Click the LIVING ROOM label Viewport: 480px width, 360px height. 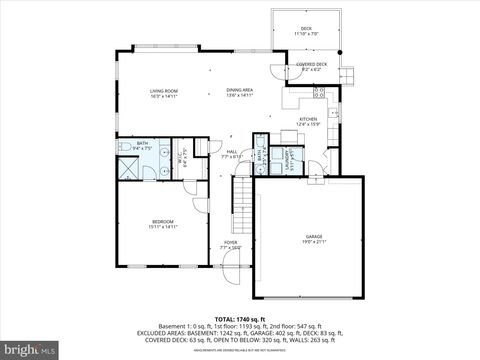pyautogui.click(x=164, y=91)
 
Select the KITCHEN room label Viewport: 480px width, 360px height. pyautogui.click(x=308, y=119)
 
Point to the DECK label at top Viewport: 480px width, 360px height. pyautogui.click(x=306, y=28)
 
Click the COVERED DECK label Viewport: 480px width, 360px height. pyautogui.click(x=311, y=65)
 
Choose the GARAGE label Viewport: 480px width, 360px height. pyautogui.click(x=314, y=236)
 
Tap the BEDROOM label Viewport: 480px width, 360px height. pyautogui.click(x=163, y=221)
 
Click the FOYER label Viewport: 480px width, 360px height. pyautogui.click(x=230, y=242)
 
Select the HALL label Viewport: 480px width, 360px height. pyautogui.click(x=231, y=152)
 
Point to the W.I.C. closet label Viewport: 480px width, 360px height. pyautogui.click(x=182, y=157)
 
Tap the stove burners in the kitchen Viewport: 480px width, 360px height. pyautogui.click(x=319, y=93)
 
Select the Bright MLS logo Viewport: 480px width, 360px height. pyautogui.click(x=30, y=350)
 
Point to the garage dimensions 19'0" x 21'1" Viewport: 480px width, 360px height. pyautogui.click(x=314, y=242)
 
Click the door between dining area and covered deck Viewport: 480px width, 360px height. pyautogui.click(x=276, y=70)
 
